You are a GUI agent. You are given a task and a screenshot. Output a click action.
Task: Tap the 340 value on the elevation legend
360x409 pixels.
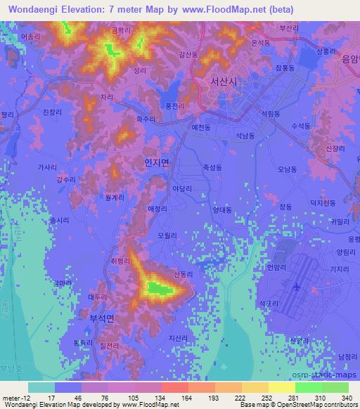pos(345,397)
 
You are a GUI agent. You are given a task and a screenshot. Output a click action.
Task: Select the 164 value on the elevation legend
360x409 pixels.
pos(169,397)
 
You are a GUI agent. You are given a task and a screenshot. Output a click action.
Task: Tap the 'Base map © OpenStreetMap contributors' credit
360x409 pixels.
pos(298,405)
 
